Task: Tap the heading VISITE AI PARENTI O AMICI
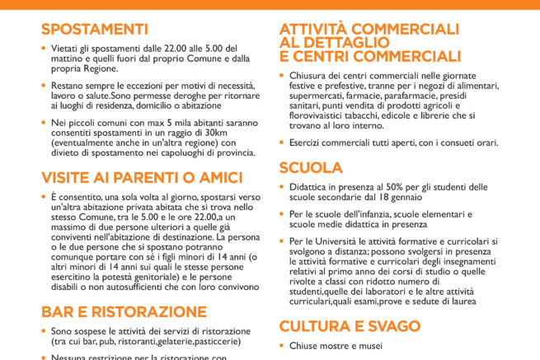141,177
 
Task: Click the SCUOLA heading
311,168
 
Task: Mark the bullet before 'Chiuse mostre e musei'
281,346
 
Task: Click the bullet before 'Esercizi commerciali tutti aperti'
281,142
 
